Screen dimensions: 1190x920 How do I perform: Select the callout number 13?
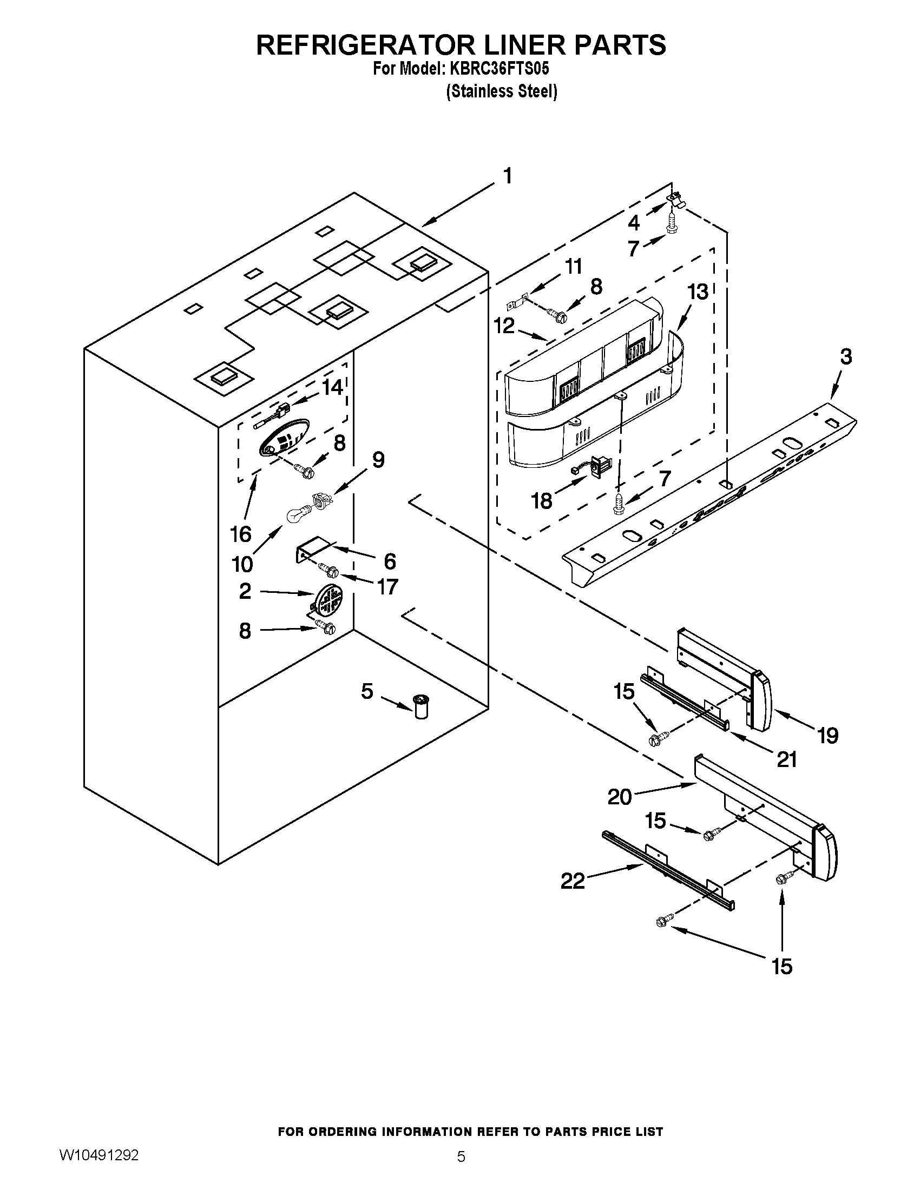[x=698, y=292]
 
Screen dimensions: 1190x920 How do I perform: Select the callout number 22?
[x=573, y=881]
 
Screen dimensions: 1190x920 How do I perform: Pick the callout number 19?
[x=827, y=736]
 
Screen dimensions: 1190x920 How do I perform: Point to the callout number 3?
[x=845, y=357]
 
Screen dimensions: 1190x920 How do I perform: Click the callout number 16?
[x=241, y=534]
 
